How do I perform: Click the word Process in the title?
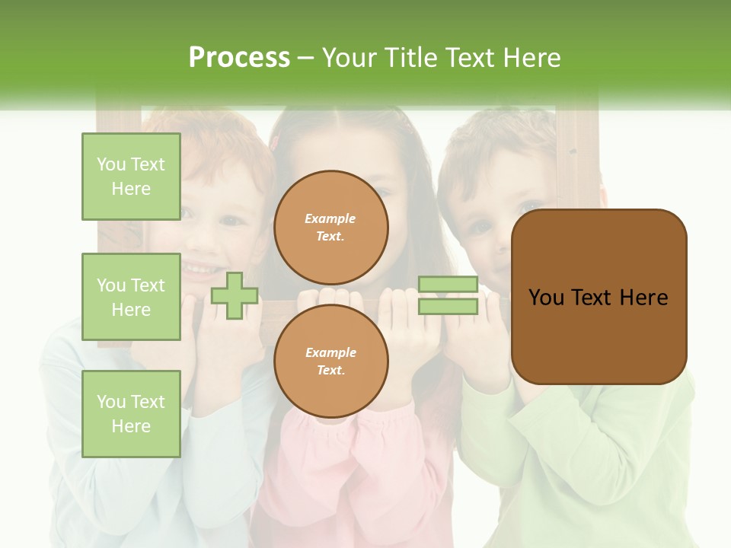click(x=239, y=58)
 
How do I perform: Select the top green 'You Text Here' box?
click(x=131, y=177)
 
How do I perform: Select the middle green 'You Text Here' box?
click(x=131, y=297)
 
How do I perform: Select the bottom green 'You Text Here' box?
click(x=131, y=413)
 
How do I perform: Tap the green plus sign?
click(x=235, y=295)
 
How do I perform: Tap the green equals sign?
click(x=448, y=295)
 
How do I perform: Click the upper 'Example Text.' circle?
click(x=330, y=228)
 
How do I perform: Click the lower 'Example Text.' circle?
click(x=330, y=362)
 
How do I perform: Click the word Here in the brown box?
click(x=644, y=298)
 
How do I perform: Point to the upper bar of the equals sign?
click(x=448, y=285)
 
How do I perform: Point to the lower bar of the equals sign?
click(x=448, y=306)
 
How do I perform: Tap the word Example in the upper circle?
click(x=330, y=218)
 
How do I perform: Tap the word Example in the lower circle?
click(x=330, y=352)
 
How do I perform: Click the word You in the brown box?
click(x=546, y=298)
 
